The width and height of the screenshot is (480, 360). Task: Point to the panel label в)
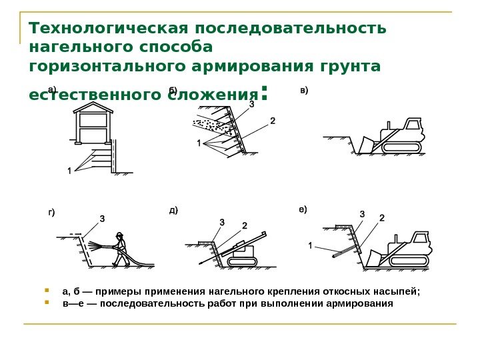305,89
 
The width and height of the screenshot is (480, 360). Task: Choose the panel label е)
303,209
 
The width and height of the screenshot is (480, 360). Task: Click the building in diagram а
93,126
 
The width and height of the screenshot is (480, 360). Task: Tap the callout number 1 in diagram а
69,171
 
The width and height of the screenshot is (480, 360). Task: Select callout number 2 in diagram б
272,121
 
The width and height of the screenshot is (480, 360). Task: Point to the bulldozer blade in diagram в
365,144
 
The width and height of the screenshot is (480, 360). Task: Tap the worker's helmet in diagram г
120,235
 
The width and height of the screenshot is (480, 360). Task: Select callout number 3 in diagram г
102,218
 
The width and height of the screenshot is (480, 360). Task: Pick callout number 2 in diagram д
244,225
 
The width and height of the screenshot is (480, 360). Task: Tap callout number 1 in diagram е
310,245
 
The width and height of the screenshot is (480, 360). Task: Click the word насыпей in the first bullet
400,291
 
